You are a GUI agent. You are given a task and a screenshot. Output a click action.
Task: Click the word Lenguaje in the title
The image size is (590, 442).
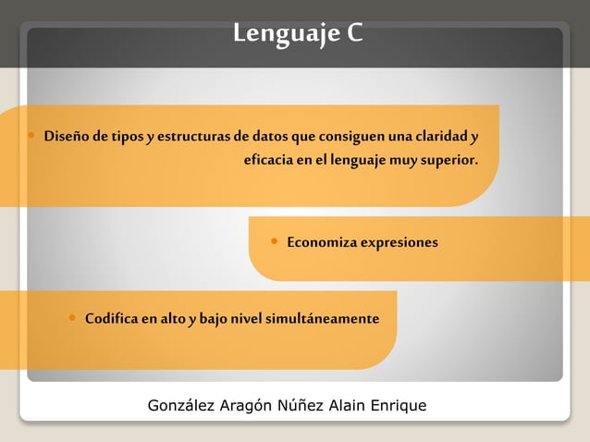click(x=285, y=34)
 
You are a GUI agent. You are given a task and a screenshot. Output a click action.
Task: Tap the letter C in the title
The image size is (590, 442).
click(x=355, y=34)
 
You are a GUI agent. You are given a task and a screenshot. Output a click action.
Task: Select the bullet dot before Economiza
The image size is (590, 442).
click(x=274, y=240)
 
